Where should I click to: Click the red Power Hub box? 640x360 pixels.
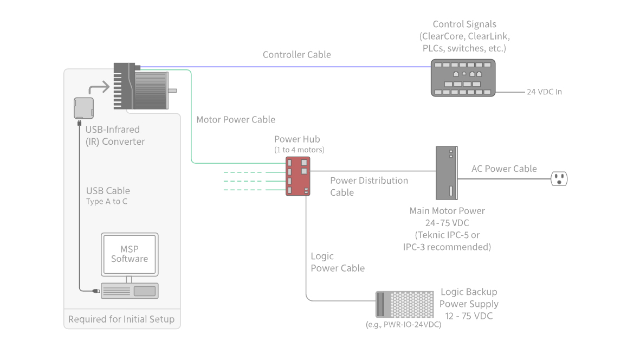click(298, 176)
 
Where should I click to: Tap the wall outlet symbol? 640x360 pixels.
click(559, 178)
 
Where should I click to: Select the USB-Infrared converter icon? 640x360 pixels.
click(83, 107)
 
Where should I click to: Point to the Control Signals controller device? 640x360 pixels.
click(463, 78)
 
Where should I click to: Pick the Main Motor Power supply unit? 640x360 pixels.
click(447, 173)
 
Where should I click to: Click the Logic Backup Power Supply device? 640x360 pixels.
click(405, 304)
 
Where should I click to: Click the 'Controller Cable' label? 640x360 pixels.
click(296, 55)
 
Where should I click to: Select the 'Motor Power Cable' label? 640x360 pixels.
click(236, 119)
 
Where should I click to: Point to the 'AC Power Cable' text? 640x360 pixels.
click(504, 169)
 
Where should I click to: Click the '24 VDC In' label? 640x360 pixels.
click(544, 92)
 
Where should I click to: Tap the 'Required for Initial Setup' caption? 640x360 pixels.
click(121, 319)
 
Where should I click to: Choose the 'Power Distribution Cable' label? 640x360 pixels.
click(369, 187)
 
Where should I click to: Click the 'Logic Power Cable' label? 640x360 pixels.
click(337, 262)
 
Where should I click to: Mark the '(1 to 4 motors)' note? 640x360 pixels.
click(300, 150)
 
